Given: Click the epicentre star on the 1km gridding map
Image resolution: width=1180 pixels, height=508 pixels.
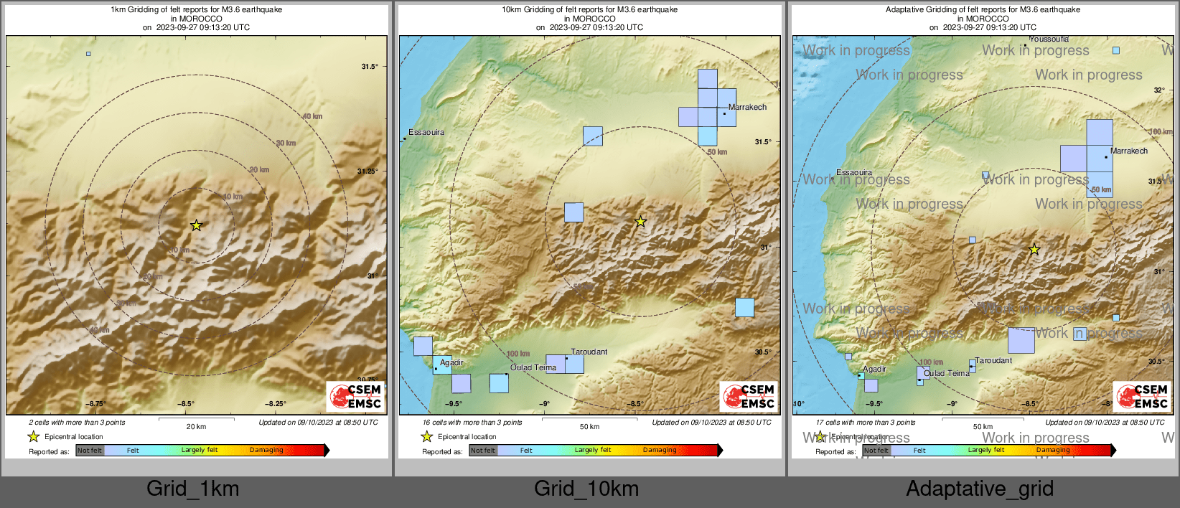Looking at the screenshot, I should (196, 225).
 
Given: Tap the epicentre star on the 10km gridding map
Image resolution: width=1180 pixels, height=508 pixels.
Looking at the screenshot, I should (640, 222).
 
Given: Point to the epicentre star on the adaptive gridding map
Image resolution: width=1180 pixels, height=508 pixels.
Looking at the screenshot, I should (1034, 250).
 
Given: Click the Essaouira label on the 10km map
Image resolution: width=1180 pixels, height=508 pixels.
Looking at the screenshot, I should (426, 133).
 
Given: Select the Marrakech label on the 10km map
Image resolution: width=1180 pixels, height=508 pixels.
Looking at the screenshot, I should (747, 108).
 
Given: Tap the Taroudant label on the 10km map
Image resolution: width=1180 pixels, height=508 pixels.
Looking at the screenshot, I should (589, 352).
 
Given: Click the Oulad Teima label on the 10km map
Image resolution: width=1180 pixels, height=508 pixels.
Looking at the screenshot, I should (533, 368).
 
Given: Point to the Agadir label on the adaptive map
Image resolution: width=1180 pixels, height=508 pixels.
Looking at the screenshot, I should (874, 370).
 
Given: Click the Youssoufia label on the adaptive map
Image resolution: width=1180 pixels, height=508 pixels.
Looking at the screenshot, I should (1049, 39).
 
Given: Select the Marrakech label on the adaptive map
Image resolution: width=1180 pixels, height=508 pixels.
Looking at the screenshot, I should (1128, 151).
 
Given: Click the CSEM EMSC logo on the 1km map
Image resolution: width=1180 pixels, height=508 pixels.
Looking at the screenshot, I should (355, 396).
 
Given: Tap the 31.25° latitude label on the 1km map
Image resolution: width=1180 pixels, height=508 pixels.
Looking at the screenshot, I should (367, 171).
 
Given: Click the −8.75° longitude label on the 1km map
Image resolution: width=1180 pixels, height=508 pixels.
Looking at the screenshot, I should (96, 404).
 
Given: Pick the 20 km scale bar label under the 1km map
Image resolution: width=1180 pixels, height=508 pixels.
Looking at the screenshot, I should (196, 427).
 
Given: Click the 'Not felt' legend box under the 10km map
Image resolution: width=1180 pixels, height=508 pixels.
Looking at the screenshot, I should (483, 451).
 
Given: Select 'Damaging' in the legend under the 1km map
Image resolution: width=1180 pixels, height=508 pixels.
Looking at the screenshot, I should (266, 451).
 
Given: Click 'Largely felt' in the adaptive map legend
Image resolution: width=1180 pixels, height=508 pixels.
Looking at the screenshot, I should (985, 451).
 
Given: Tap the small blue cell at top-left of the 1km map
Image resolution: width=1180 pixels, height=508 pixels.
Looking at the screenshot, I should (88, 54).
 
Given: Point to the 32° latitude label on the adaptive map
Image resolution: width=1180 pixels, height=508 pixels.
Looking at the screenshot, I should (1158, 90).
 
